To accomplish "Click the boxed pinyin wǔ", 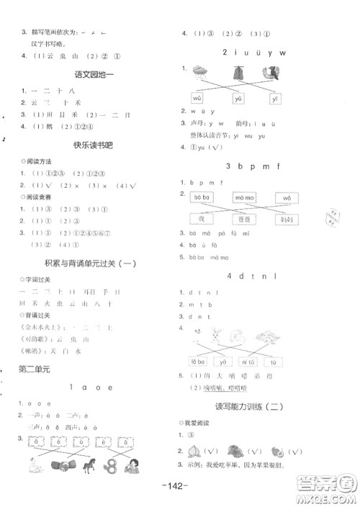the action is [197, 97].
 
